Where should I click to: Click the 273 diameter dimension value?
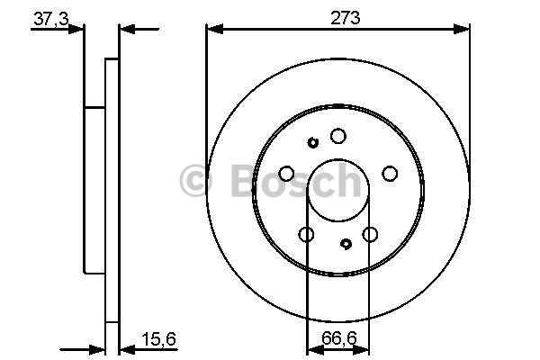tap(345, 18)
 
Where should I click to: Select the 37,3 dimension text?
tap(51, 19)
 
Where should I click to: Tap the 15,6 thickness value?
tap(158, 339)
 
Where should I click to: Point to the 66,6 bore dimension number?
tap(339, 338)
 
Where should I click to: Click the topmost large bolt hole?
tap(338, 136)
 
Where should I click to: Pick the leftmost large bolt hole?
tap(286, 174)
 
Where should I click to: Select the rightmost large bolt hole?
tap(390, 174)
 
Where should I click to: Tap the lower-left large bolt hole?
tap(306, 235)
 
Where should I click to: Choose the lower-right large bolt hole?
tap(370, 235)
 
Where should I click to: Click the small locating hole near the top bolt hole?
tap(312, 142)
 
